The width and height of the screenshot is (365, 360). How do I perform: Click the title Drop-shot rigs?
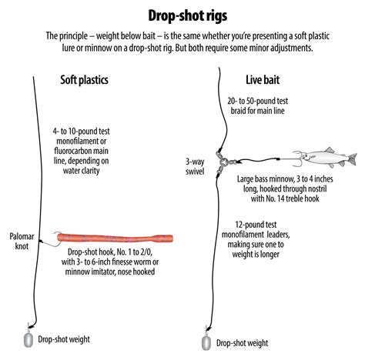(182, 15)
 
